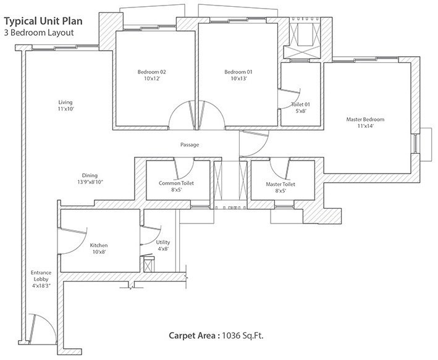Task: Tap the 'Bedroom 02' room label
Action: tap(151, 72)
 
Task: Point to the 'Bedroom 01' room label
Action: tap(238, 72)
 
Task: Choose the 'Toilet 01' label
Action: tap(300, 104)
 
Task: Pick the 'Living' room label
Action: tap(65, 102)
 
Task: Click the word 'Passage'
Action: tap(189, 144)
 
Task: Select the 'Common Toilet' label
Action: tap(175, 184)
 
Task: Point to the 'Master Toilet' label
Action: tap(280, 184)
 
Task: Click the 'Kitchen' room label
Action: tap(98, 245)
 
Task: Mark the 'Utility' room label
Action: tap(162, 243)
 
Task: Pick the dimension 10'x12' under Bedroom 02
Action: tap(151, 79)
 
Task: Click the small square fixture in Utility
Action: tap(149, 266)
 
